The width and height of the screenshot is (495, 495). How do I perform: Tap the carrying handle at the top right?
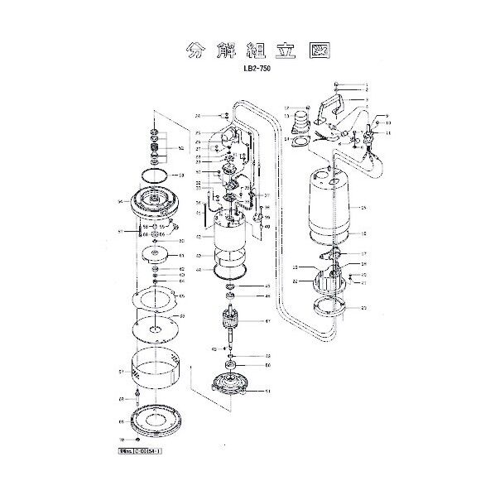tap(334, 105)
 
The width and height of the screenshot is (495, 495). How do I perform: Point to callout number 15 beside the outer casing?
tap(363, 208)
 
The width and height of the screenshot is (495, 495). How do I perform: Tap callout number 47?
tap(267, 321)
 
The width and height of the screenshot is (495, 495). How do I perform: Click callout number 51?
tap(267, 392)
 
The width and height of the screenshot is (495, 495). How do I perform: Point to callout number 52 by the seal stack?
tap(181, 149)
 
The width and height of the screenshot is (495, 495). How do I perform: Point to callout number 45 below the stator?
tap(267, 286)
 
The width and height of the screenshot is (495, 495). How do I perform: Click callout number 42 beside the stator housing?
tap(199, 237)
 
